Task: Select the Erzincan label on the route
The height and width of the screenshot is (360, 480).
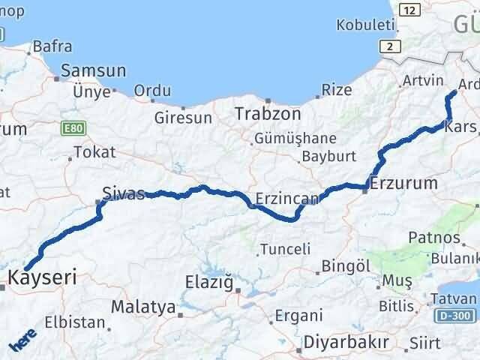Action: tap(288, 199)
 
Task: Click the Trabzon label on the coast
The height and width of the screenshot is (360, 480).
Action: tap(268, 115)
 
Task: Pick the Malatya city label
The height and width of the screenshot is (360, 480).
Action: tap(143, 307)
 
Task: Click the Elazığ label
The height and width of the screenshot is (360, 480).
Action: tap(210, 283)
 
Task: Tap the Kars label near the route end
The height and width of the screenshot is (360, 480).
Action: tap(460, 127)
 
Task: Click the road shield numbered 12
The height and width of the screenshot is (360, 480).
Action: tap(409, 10)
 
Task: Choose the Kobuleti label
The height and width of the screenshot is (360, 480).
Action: tap(365, 25)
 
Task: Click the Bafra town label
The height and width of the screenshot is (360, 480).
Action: tap(52, 47)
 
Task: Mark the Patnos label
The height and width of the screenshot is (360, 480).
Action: tap(434, 238)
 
